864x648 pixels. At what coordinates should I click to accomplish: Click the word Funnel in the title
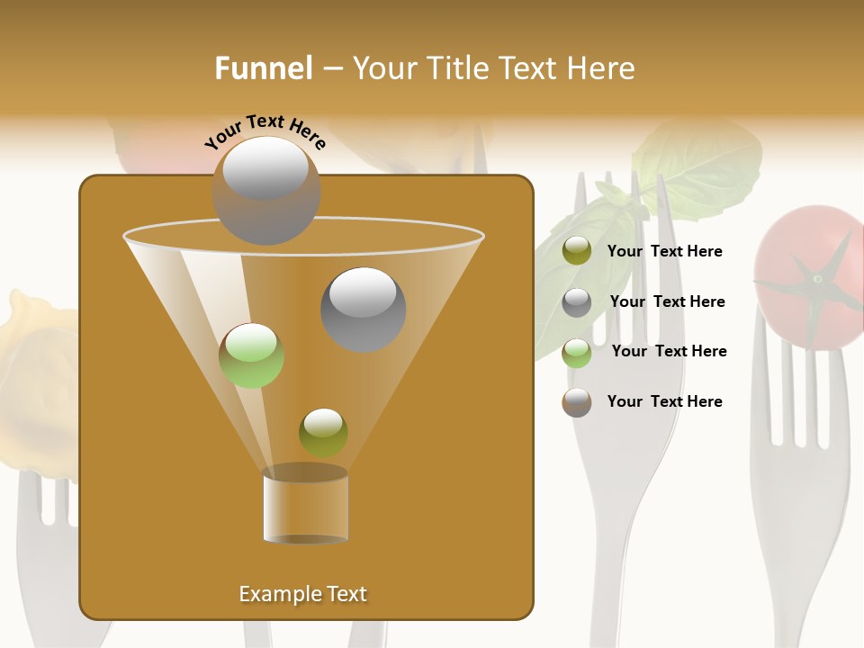coord(263,68)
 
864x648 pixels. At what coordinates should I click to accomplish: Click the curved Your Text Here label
coord(265,131)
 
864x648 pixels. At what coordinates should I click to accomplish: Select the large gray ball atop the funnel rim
coord(265,190)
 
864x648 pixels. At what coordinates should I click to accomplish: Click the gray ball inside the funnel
coord(363,309)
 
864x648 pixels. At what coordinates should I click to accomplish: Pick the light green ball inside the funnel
coord(251,355)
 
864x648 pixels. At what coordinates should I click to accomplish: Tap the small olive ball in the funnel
coord(323,433)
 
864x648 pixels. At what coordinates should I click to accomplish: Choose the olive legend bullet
coord(577,251)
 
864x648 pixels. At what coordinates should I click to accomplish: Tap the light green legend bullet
coord(577,353)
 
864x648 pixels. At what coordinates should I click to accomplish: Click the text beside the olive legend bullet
coord(664,251)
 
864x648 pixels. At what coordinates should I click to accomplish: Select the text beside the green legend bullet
coord(669,351)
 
